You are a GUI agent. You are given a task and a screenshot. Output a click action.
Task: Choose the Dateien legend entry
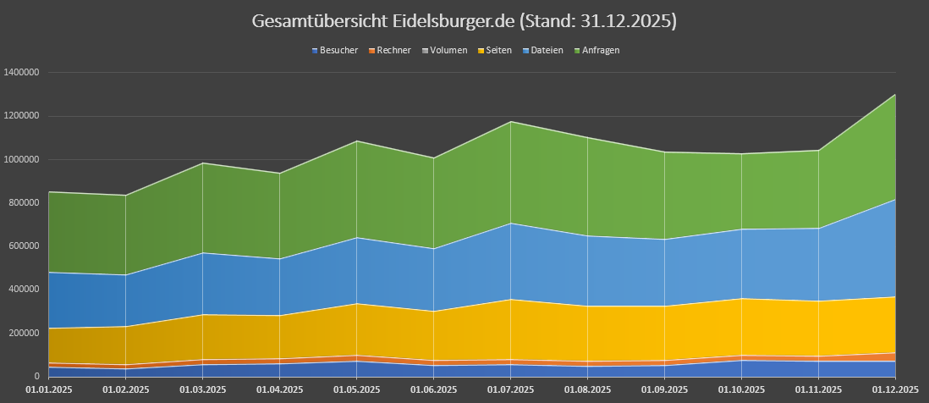[x=547, y=51]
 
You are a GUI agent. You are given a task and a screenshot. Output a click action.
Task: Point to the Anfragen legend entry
[x=600, y=51]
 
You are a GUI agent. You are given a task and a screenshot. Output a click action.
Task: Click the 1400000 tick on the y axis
[x=22, y=73]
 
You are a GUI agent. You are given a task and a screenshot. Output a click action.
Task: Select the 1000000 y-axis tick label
[x=22, y=159]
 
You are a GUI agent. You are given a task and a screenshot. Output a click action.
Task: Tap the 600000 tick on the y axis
[x=25, y=246]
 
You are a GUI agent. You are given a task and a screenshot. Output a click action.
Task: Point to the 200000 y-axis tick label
[x=25, y=333]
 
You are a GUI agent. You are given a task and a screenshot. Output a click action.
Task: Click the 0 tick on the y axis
[x=36, y=376]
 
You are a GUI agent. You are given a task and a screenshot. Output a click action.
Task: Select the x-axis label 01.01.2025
[x=49, y=390]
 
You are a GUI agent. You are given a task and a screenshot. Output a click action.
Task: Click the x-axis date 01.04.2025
[x=280, y=390]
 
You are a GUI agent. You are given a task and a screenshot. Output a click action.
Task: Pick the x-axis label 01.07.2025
[x=510, y=390]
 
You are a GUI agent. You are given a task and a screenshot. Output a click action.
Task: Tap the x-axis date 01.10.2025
[x=741, y=390]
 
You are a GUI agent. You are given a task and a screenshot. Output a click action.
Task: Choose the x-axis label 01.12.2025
[x=895, y=390]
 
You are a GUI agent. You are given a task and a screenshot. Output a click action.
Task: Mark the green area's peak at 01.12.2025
[x=895, y=94]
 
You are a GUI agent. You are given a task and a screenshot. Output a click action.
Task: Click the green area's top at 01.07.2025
[x=510, y=122]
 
